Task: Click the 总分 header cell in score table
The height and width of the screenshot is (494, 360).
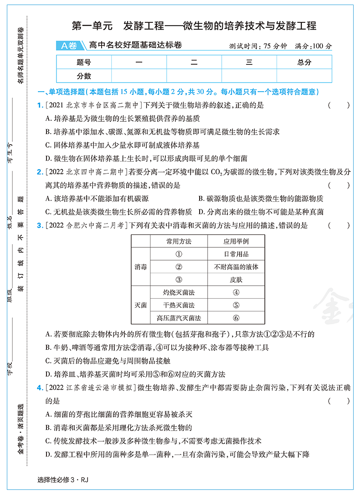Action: tap(304, 62)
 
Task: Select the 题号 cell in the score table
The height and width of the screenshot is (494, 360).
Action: tap(84, 62)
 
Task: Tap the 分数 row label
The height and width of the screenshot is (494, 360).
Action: tap(84, 76)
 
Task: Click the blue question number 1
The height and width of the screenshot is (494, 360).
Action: tap(40, 105)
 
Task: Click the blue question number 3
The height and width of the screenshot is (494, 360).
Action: tap(40, 225)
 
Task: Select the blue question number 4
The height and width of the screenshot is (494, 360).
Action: tap(40, 388)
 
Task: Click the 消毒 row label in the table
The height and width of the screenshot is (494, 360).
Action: tap(141, 267)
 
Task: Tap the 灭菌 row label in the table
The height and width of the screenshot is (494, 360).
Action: tap(141, 305)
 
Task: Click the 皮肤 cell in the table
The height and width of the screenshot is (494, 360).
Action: tap(236, 280)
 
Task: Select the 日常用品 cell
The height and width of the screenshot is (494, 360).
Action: tap(236, 254)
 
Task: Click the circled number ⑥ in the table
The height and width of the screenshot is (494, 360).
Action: tap(236, 318)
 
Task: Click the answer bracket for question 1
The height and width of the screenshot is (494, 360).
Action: tap(339, 105)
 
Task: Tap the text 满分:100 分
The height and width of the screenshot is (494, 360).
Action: tap(314, 46)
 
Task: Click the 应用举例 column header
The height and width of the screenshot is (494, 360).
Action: tap(236, 241)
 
